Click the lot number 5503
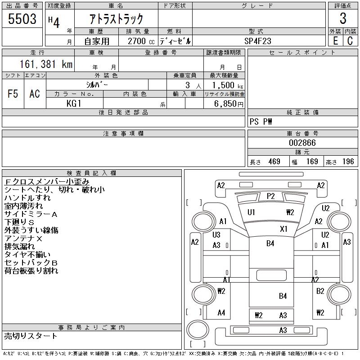coord(22,19)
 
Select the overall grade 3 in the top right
coord(343,18)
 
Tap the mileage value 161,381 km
coord(46,64)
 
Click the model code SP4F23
coord(257,41)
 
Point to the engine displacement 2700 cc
coord(141,41)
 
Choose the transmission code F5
coord(13,94)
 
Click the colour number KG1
coord(74,103)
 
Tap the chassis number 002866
coord(302,143)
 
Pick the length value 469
coord(274,162)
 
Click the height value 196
coord(348,162)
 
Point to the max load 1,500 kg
coord(227,85)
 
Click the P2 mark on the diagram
coord(271,196)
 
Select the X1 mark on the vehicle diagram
coord(283,229)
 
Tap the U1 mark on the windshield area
coord(251,212)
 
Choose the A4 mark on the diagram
coord(221,312)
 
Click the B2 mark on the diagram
coord(320,291)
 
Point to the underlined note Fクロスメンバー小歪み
coord(47,182)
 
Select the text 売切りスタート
coord(31,336)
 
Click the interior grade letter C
coord(350,41)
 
